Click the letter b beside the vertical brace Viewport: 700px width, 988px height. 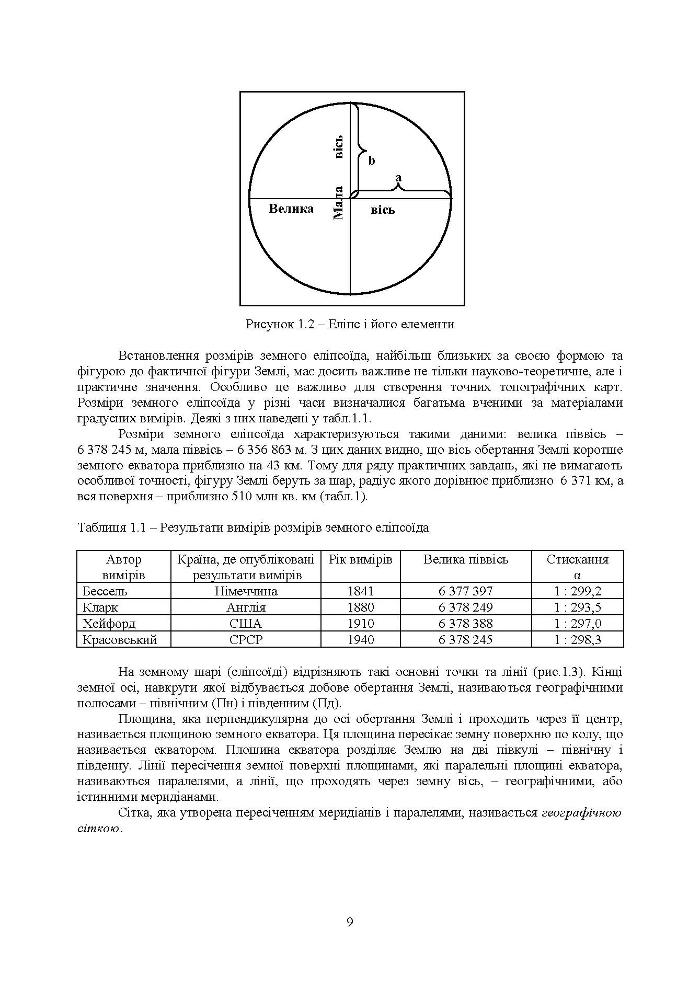click(x=372, y=160)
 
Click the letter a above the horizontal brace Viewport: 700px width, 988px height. click(x=399, y=178)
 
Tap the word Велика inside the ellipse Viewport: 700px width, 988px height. click(x=291, y=209)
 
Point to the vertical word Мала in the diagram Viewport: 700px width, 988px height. click(x=338, y=203)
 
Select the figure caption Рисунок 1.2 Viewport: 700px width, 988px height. click(x=350, y=324)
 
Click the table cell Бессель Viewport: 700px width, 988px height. click(x=106, y=591)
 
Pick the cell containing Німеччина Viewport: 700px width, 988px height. click(x=246, y=591)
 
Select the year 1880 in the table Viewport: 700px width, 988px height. click(x=361, y=607)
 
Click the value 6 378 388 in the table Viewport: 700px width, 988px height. click(x=465, y=624)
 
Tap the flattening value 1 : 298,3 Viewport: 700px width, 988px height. click(x=578, y=640)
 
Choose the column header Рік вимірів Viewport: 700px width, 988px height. click(x=361, y=560)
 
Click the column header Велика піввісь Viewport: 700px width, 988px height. click(x=465, y=560)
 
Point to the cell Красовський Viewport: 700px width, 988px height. click(x=120, y=640)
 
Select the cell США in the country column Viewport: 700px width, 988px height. click(x=246, y=624)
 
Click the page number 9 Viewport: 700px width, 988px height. click(x=350, y=922)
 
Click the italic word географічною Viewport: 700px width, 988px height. click(x=581, y=813)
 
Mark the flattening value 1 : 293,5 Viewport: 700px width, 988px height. click(x=578, y=607)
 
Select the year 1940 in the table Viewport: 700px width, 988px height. click(x=361, y=640)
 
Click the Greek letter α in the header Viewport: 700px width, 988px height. click(x=578, y=576)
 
